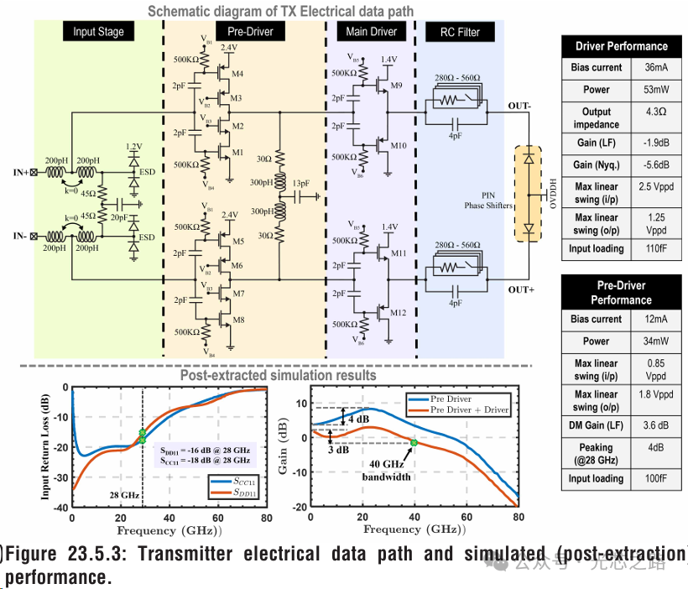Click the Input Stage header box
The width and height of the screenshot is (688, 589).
pyautogui.click(x=98, y=32)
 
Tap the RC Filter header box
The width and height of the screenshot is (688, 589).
pyautogui.click(x=460, y=32)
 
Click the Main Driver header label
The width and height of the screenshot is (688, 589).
pyautogui.click(x=372, y=32)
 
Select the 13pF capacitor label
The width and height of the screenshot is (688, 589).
pyautogui.click(x=301, y=184)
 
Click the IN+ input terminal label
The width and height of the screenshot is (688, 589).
pyautogui.click(x=22, y=175)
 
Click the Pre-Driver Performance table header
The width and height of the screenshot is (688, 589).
pyautogui.click(x=620, y=293)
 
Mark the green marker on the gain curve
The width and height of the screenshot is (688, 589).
pyautogui.click(x=414, y=442)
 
